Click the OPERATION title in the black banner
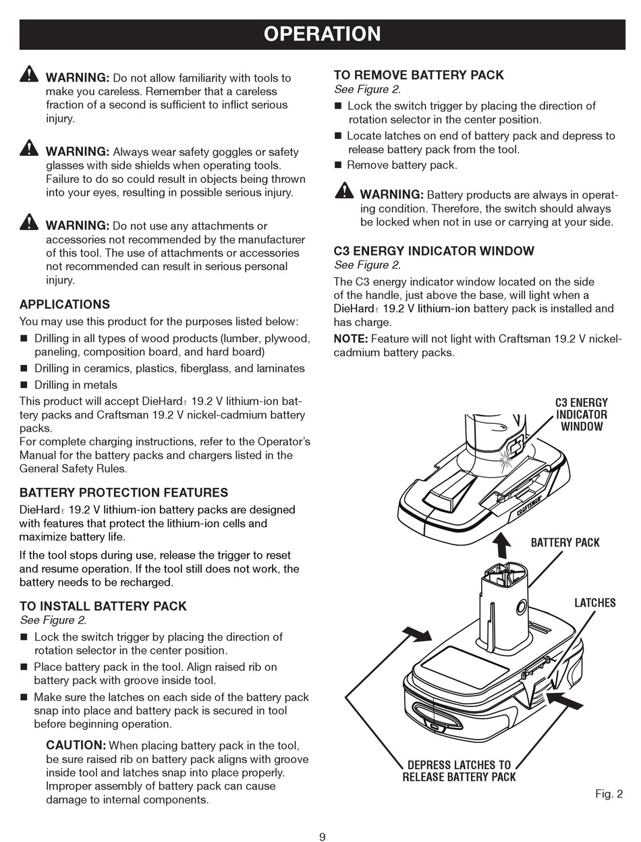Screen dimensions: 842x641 pos(322,34)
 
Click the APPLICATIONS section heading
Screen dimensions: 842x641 pos(64,304)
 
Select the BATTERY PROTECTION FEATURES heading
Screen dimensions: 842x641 pos(123,493)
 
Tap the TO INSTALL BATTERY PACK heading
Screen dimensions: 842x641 pos(103,606)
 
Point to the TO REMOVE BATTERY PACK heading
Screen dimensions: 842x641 pos(418,75)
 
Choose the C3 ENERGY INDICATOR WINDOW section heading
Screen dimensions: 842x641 pos(434,251)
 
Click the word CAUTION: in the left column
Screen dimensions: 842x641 pos(76,746)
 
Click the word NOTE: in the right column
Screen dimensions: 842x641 pos(351,339)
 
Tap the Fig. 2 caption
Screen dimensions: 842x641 pos(609,793)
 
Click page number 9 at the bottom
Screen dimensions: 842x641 pos(322,837)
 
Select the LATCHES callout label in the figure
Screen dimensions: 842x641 pos(594,602)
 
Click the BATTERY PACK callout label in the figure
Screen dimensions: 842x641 pos(565,542)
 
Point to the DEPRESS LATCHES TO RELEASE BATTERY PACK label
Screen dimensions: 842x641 pos(459,770)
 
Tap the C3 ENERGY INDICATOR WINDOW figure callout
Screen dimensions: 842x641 pos(581,414)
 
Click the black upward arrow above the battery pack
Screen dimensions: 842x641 pos(501,544)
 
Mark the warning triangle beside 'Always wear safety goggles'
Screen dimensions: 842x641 pos(29,147)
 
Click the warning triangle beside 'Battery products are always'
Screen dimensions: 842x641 pos(344,190)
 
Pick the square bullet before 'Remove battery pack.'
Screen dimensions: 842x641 pos(339,165)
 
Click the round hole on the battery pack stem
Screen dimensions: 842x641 pos(521,607)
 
